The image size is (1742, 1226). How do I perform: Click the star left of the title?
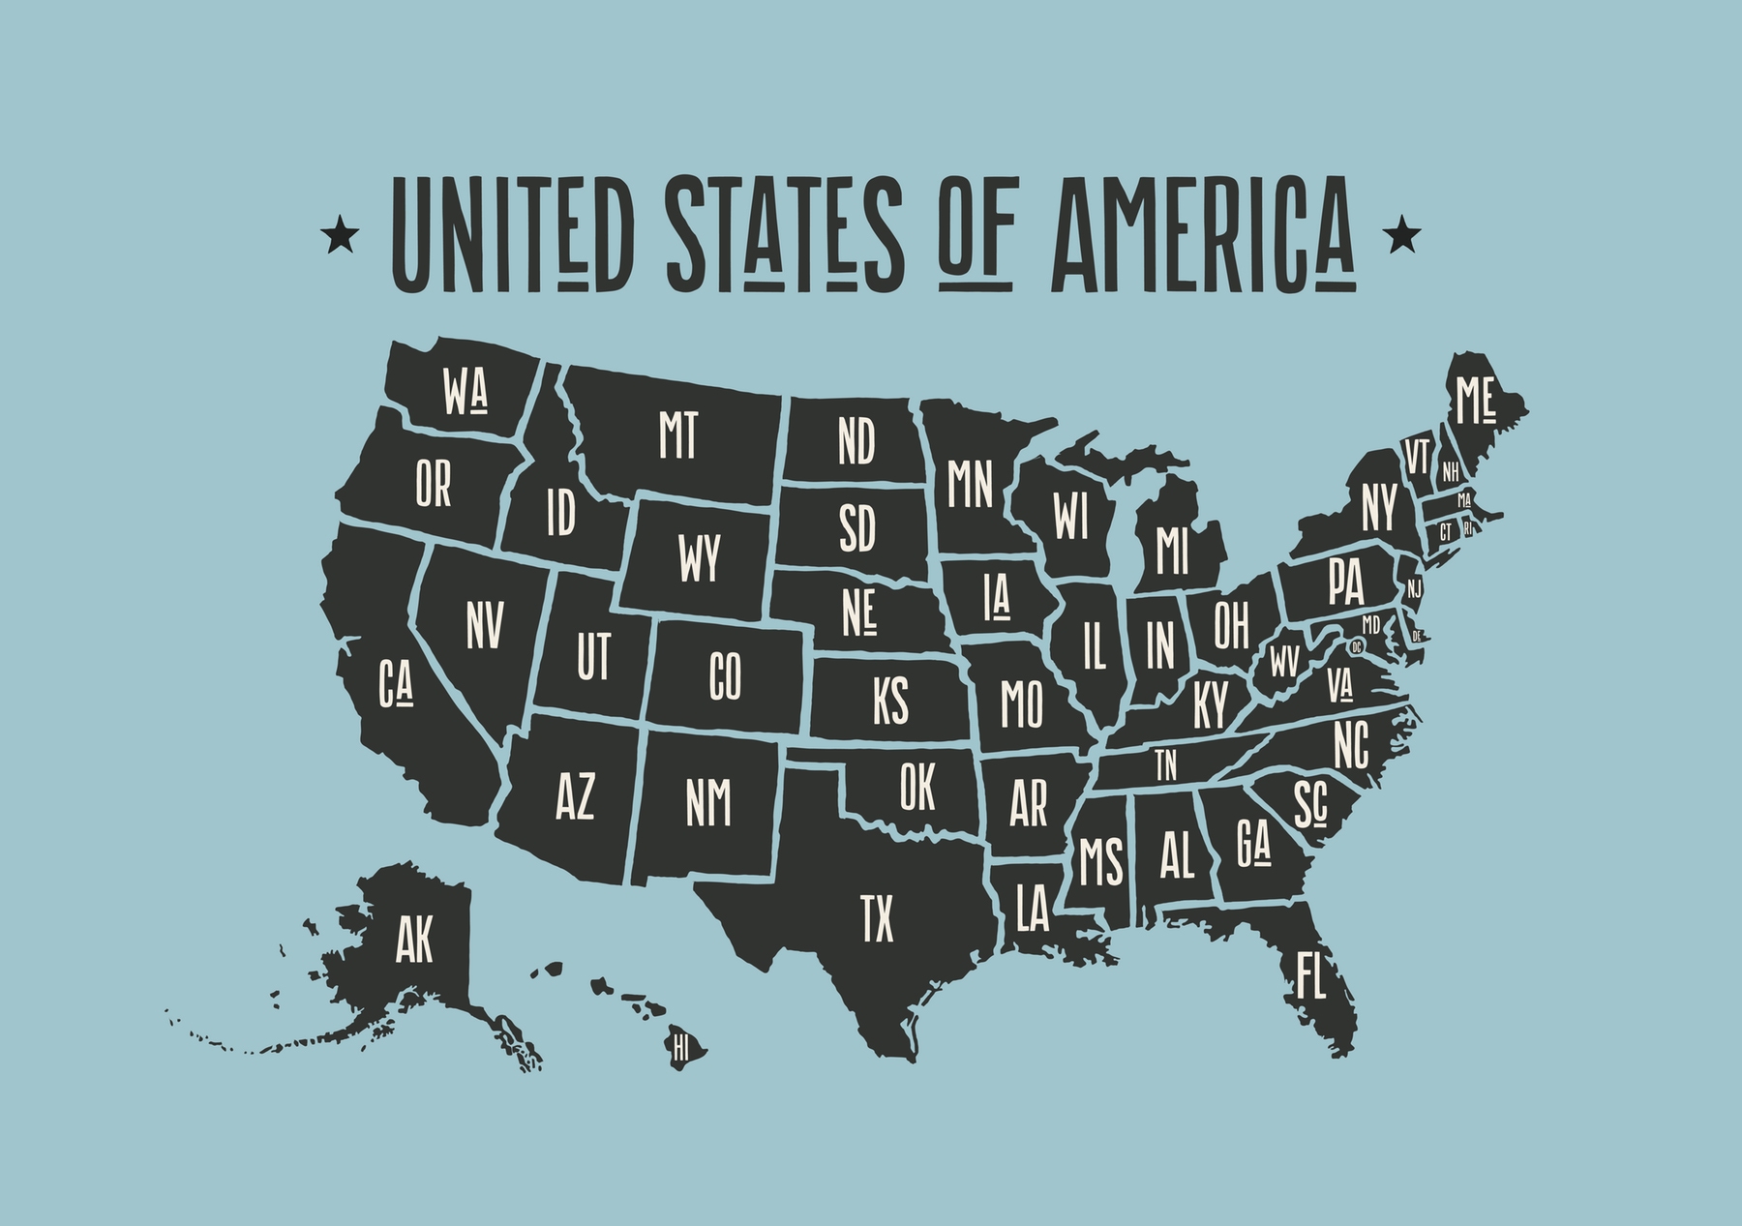tap(338, 235)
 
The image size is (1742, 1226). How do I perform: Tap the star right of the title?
tap(1403, 235)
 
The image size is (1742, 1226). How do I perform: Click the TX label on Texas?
tap(878, 918)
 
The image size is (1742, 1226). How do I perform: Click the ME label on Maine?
tap(1476, 401)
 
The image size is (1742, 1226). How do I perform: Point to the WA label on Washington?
tap(466, 392)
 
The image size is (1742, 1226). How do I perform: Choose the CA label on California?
tap(396, 682)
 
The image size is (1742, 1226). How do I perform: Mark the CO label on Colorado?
tap(725, 675)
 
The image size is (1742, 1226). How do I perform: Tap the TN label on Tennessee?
tap(1166, 765)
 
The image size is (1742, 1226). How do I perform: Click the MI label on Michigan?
tap(1171, 551)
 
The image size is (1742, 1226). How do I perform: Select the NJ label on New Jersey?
tap(1415, 587)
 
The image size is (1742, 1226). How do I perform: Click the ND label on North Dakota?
tap(856, 441)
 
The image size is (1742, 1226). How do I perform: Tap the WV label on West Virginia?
tap(1284, 662)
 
